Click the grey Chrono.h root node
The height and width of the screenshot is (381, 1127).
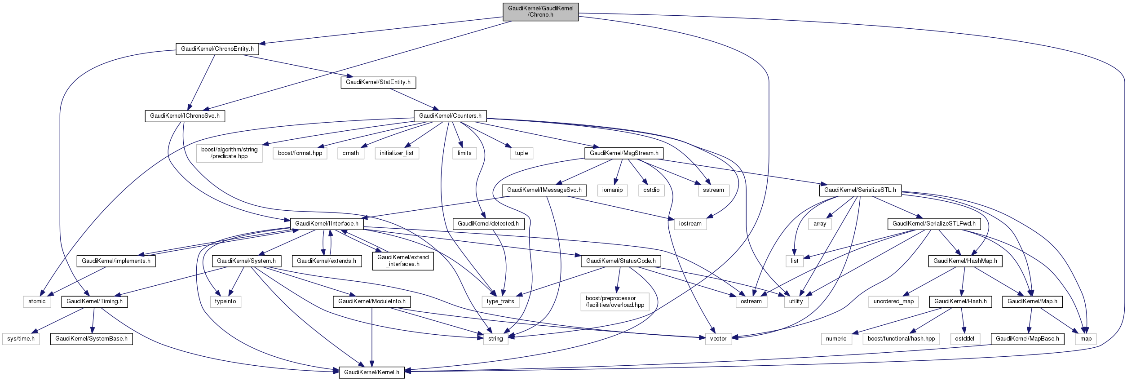point(540,12)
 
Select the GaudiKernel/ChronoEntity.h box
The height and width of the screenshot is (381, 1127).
point(217,49)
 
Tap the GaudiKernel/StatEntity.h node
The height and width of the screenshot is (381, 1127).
point(378,82)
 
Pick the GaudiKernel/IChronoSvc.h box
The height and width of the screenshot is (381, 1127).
point(185,116)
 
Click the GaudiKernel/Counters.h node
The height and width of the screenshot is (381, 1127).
point(450,116)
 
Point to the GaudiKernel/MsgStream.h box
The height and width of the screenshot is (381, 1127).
point(623,153)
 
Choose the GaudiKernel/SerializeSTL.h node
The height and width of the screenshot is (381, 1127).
point(860,190)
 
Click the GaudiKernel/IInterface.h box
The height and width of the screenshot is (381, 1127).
point(327,224)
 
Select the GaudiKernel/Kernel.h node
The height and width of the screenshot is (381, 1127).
point(371,372)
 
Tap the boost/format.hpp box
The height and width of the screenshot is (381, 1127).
point(300,153)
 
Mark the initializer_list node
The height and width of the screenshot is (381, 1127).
point(397,153)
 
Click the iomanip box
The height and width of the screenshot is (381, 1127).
point(612,190)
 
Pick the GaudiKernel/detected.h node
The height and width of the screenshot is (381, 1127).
point(488,224)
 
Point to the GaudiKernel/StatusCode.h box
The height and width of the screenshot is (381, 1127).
point(620,261)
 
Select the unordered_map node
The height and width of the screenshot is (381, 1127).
point(893,301)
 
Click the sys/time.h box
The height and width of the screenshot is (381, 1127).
point(21,339)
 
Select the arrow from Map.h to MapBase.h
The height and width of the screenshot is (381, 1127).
point(1030,320)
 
